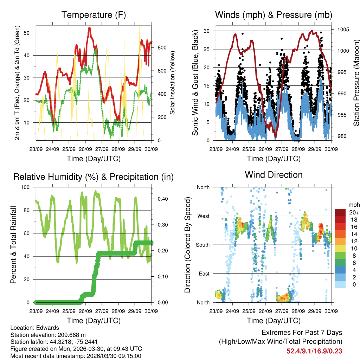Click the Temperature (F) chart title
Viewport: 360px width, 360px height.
tap(94, 15)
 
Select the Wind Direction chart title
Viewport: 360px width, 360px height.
tap(274, 175)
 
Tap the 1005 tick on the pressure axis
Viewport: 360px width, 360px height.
tap(343, 30)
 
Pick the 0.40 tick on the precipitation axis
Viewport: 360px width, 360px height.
tap(161, 199)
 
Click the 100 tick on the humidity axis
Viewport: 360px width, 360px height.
tap(29, 187)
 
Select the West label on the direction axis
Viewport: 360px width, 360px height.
tap(203, 216)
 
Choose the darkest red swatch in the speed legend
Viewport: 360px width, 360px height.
tap(340, 212)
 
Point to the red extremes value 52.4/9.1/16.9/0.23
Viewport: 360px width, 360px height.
tap(314, 351)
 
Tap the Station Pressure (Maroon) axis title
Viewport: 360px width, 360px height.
tap(356, 83)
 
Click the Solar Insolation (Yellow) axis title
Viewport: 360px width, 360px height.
tap(172, 83)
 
